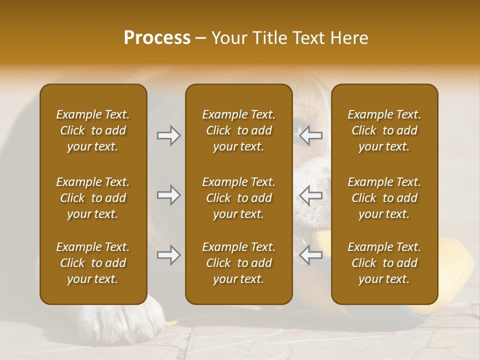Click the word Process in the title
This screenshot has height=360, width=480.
click(157, 38)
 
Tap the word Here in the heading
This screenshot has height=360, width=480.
click(348, 38)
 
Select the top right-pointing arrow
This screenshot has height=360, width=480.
click(168, 135)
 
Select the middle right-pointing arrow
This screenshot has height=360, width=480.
click(168, 195)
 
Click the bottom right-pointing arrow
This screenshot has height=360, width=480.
click(168, 255)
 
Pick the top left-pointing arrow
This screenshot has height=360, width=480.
click(310, 135)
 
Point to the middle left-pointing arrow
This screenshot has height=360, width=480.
click(310, 195)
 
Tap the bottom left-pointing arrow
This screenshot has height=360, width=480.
click(310, 255)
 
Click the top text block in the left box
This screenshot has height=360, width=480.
click(93, 130)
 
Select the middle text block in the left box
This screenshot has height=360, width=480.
click(93, 198)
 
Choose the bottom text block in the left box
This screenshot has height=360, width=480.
click(93, 263)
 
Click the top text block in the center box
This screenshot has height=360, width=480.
click(238, 130)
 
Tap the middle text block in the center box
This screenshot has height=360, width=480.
click(238, 198)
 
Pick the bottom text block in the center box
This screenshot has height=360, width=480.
click(238, 263)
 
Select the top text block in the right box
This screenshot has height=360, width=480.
click(384, 130)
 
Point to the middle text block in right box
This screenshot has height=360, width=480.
click(384, 198)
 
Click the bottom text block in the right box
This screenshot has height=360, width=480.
click(384, 263)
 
